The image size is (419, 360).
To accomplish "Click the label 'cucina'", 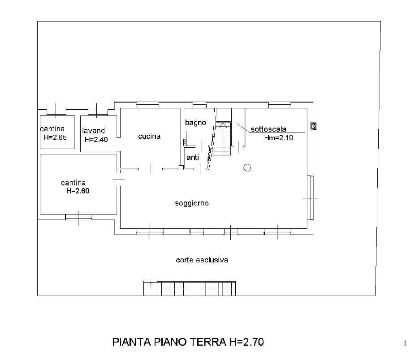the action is point(149,137).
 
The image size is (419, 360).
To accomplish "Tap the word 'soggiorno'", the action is point(192,203).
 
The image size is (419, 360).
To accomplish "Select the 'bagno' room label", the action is point(195,123).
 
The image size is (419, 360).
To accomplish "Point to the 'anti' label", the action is point(193,157).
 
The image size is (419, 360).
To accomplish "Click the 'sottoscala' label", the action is point(268,129).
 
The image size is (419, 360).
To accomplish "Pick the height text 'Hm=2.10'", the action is point(278,138).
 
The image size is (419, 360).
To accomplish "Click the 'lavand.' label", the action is point(94,131).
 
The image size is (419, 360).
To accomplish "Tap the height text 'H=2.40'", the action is point(96,139).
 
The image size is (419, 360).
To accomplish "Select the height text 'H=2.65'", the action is point(55,137).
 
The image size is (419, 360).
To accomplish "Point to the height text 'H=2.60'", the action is point(78,191).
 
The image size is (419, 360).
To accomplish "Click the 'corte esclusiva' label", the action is point(202,260).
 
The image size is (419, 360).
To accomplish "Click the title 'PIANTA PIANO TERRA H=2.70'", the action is point(188,342).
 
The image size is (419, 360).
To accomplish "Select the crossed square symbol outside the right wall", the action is point(313,126).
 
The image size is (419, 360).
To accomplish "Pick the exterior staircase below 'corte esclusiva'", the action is point(190,288).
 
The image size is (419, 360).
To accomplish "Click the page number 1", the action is point(405,343).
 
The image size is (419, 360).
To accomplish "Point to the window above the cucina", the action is point(148,105).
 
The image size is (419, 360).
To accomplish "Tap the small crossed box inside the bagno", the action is point(185,142).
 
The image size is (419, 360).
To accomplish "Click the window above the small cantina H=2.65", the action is point(56,111).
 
